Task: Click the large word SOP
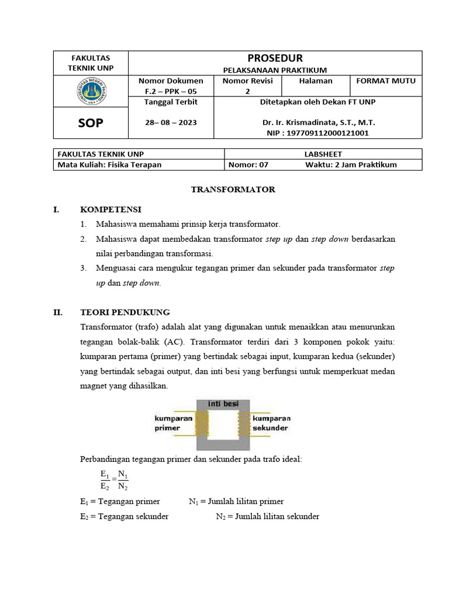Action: pos(90,123)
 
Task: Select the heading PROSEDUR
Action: pos(275,58)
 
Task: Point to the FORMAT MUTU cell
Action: pos(385,81)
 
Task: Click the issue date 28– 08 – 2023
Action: pos(171,123)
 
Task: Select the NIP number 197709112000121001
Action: pos(318,133)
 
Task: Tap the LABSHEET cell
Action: pos(323,154)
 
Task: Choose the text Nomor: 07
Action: pos(248,164)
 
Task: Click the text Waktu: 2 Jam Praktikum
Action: pos(351,164)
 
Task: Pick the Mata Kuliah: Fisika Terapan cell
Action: pos(109,164)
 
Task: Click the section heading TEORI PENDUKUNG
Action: pos(125,312)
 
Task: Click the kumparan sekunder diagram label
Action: pos(271,423)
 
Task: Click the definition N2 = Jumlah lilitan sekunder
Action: pos(267,516)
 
